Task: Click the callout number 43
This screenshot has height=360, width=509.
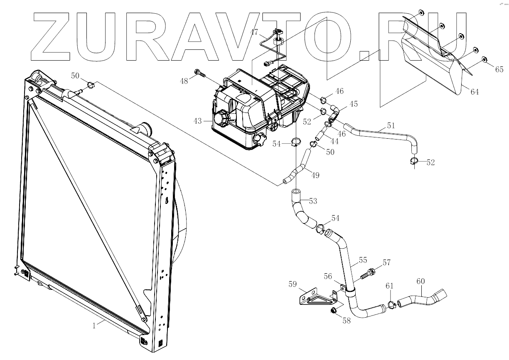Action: click(x=197, y=121)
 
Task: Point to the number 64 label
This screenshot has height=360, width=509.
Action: click(x=474, y=92)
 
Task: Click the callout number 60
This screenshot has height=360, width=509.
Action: click(x=420, y=282)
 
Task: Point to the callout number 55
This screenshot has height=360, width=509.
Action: click(x=363, y=261)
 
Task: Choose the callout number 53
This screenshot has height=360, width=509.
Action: click(x=313, y=201)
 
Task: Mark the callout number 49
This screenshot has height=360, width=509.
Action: click(x=315, y=175)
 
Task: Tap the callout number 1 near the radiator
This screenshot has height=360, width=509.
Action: click(x=94, y=326)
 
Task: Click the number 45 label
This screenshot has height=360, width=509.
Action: click(x=354, y=104)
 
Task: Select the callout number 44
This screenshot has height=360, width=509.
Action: click(x=334, y=141)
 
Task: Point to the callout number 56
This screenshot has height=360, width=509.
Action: click(x=329, y=276)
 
